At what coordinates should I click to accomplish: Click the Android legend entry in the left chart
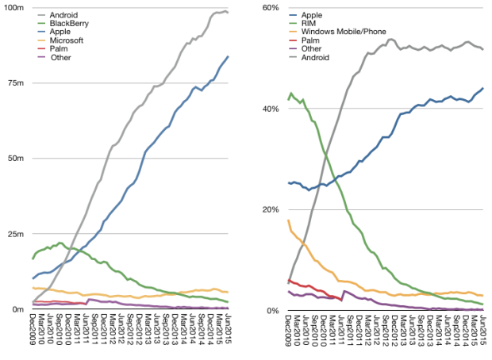click(x=63, y=15)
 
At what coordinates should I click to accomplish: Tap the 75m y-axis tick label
click(x=14, y=83)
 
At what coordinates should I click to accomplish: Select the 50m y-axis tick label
click(x=14, y=159)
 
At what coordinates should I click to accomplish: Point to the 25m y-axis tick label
click(x=14, y=234)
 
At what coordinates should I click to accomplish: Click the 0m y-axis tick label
click(x=17, y=309)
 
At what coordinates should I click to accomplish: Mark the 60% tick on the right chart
click(x=270, y=8)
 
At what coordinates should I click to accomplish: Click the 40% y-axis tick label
click(x=270, y=109)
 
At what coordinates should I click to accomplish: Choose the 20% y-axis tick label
click(x=270, y=209)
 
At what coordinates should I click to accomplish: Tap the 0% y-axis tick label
click(x=272, y=310)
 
